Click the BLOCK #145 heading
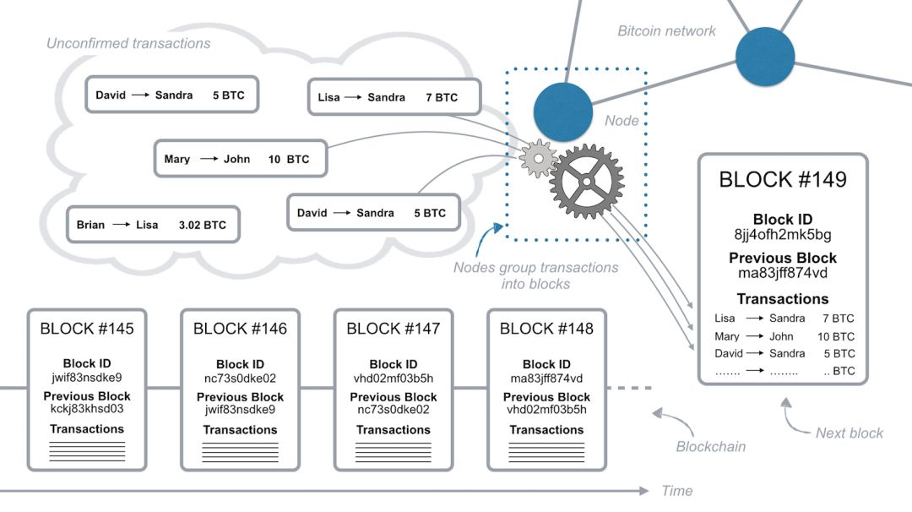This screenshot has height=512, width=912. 87,329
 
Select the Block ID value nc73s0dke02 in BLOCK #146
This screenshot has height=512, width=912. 240,378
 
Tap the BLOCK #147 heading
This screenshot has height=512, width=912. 394,329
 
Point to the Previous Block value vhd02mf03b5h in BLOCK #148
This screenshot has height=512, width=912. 546,410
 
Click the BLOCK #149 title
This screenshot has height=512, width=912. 782,179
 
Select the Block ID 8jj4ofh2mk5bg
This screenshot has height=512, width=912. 782,233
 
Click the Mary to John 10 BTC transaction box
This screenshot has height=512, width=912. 241,159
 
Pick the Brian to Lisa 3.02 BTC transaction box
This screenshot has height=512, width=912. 153,226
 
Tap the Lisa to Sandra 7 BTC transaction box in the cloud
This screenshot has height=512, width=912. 393,97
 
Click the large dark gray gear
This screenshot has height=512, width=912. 586,179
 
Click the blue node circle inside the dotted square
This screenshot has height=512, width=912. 561,112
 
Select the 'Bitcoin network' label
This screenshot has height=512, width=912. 666,31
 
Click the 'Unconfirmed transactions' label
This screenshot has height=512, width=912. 128,42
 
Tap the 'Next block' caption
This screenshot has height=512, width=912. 849,433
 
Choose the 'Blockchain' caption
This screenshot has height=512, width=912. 712,446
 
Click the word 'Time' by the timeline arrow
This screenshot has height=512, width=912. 677,491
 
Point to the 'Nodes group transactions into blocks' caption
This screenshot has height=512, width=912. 535,275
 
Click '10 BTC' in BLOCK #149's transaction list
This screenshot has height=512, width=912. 835,336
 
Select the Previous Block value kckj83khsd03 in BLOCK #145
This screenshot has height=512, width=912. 87,410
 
